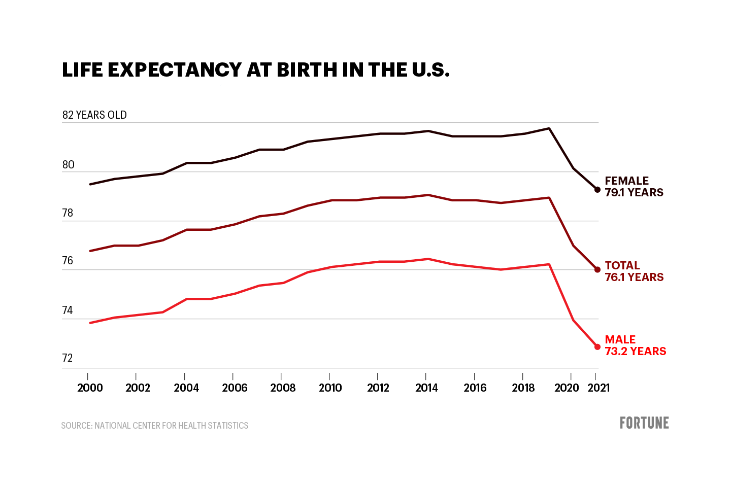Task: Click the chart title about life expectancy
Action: tap(255, 70)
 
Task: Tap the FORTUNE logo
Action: tap(644, 423)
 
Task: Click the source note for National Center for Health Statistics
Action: tap(154, 426)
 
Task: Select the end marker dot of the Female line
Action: tap(597, 190)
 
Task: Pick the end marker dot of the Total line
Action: tap(597, 270)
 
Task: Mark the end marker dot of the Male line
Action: tap(597, 347)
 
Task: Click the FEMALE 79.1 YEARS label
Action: tap(634, 187)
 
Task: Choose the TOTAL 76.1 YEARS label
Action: tap(634, 271)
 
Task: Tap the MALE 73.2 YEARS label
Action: tap(635, 345)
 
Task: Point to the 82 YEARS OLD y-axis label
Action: tap(94, 115)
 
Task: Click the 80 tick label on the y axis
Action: tap(68, 165)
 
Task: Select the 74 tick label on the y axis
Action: tap(68, 310)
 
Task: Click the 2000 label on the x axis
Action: tap(90, 388)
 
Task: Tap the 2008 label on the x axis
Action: tap(283, 388)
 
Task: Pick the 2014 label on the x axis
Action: tap(426, 388)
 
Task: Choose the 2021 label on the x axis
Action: tap(599, 388)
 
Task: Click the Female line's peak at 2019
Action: tap(549, 128)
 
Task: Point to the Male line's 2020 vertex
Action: tap(573, 320)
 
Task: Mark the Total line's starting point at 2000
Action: tap(90, 251)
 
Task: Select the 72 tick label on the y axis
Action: tap(68, 358)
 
